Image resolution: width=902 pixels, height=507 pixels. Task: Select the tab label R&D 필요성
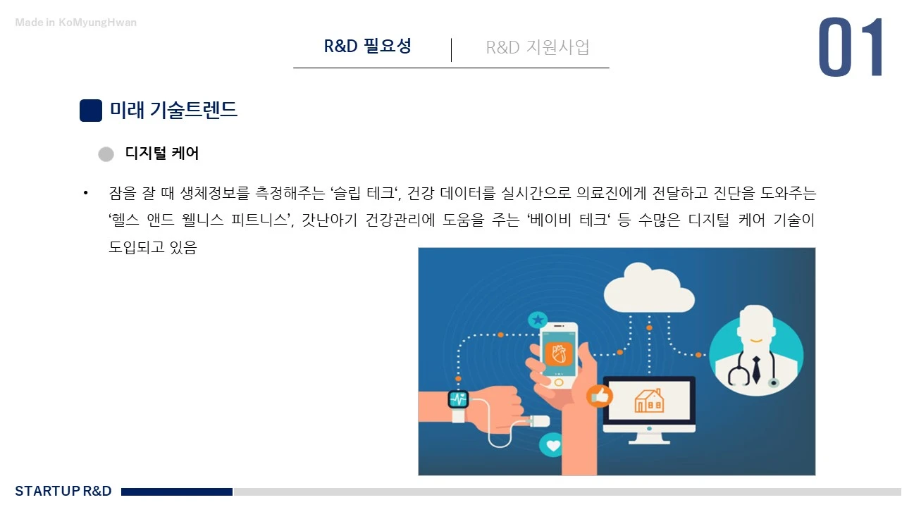pos(367,46)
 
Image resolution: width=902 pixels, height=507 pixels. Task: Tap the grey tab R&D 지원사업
pos(537,47)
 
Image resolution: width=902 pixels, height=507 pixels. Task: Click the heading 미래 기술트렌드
pos(173,111)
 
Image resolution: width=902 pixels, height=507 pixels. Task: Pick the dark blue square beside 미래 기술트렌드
pos(91,111)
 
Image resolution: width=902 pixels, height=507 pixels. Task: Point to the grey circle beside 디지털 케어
pos(106,154)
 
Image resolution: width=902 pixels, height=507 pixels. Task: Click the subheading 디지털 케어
pos(162,154)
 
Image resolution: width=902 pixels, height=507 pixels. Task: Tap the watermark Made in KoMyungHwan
pos(76,23)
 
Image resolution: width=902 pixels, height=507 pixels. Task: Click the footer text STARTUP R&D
pos(63,491)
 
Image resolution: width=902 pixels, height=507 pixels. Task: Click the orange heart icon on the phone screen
pos(559,353)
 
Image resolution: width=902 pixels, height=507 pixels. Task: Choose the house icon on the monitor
pos(648,401)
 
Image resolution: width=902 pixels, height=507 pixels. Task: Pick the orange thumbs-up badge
pos(599,396)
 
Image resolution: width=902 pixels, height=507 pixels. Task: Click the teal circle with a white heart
pos(553,445)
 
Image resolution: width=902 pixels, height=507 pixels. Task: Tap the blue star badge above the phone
pos(538,320)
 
